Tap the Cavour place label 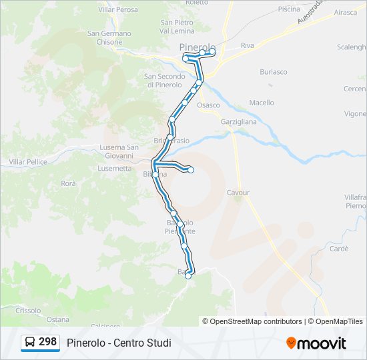point(238,193)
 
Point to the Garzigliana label point(239,122)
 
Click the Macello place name point(262,103)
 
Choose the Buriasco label point(274,71)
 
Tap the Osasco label point(208,105)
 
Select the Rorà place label point(68,183)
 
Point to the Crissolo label point(28,310)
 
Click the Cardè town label point(339,249)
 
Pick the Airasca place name point(345,12)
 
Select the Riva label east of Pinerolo point(248,45)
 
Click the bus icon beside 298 point(30,343)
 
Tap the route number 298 point(47,342)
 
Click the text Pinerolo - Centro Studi point(119,343)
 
